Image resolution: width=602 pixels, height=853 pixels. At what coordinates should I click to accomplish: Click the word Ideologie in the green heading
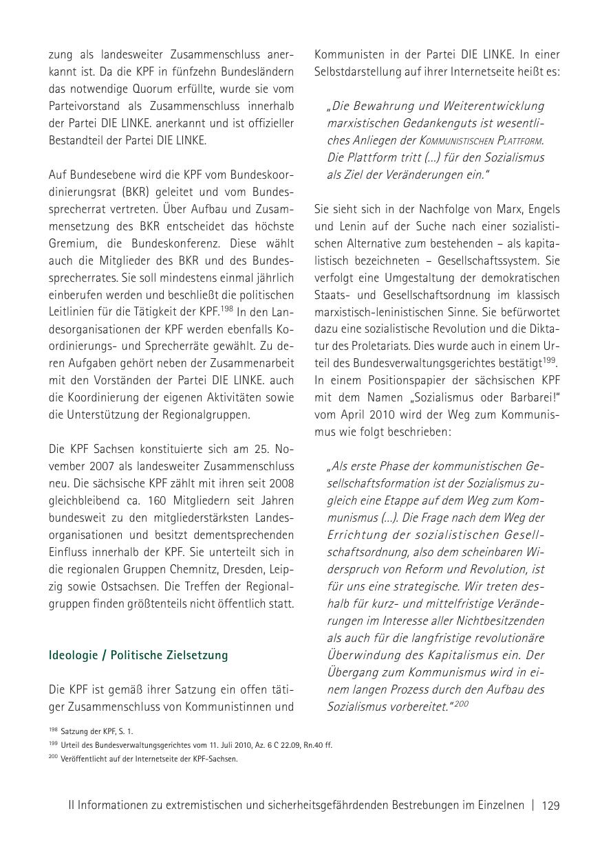click(72, 655)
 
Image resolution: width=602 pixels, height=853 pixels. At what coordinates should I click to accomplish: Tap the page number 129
click(550, 806)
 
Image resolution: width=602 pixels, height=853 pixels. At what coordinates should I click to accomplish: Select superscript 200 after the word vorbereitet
click(461, 703)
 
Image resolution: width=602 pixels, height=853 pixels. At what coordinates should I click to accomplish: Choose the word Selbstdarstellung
click(358, 71)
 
